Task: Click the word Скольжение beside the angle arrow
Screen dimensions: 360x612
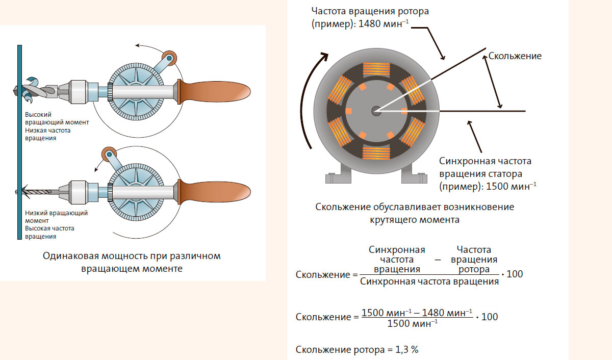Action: tap(515, 56)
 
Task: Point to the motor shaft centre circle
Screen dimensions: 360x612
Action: tap(376, 110)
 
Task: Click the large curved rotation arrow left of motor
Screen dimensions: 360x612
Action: tap(312, 97)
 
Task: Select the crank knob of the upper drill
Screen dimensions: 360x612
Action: tap(169, 57)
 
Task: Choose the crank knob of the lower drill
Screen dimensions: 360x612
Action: tap(109, 153)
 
